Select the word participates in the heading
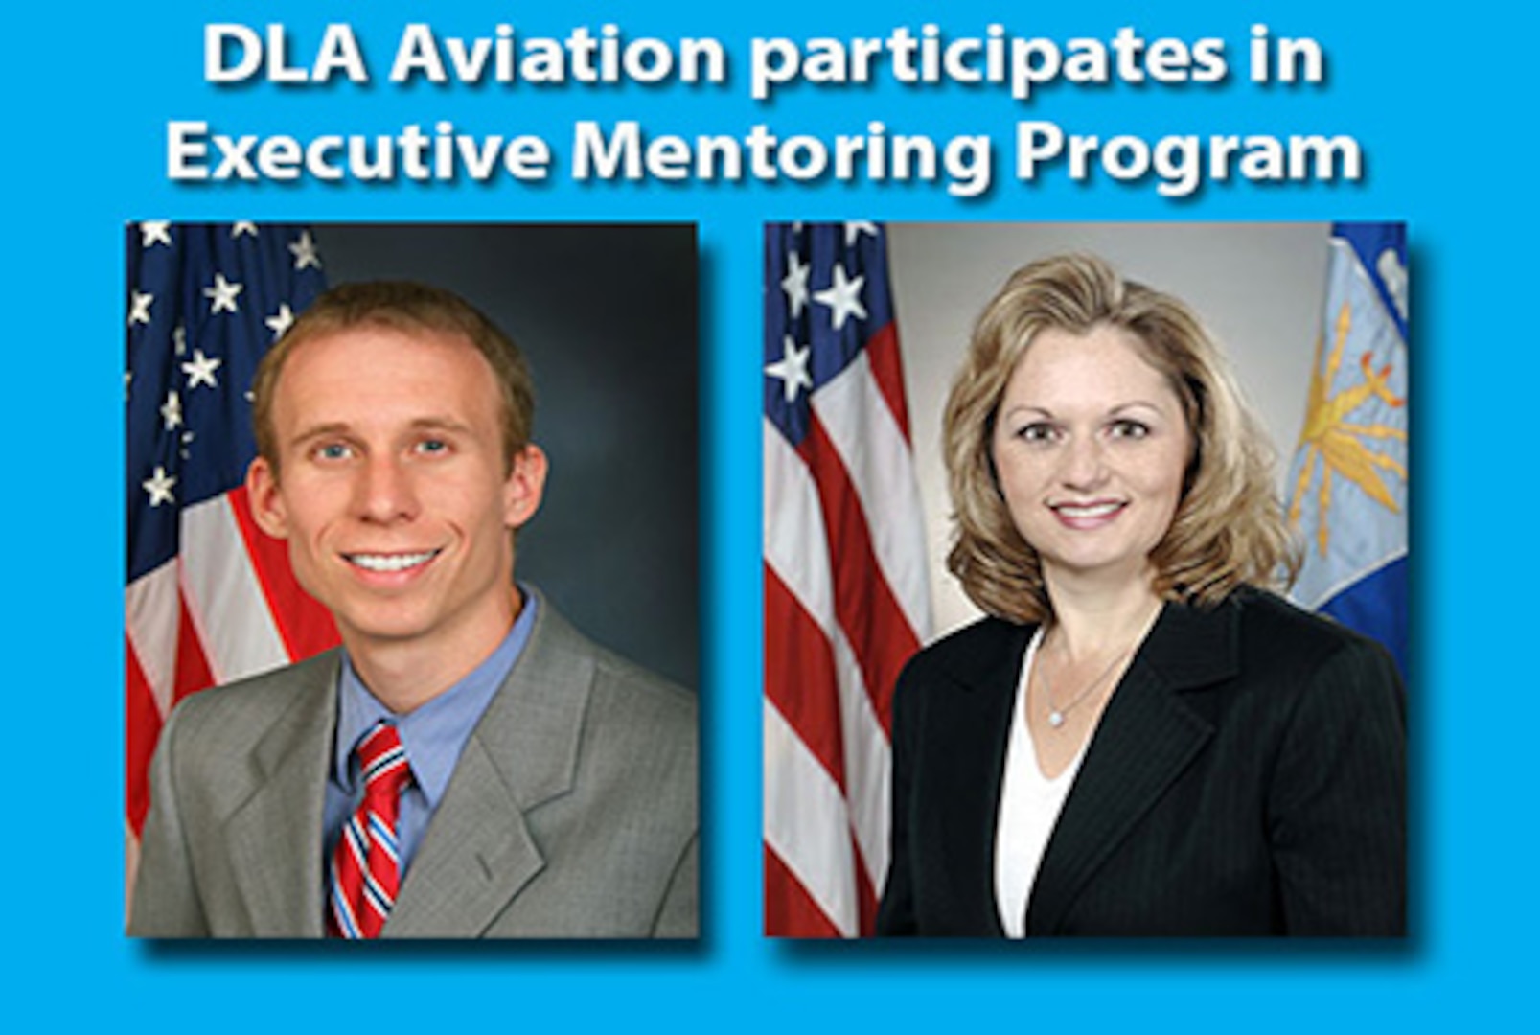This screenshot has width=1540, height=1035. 986,62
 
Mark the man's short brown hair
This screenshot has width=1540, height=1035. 393,344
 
